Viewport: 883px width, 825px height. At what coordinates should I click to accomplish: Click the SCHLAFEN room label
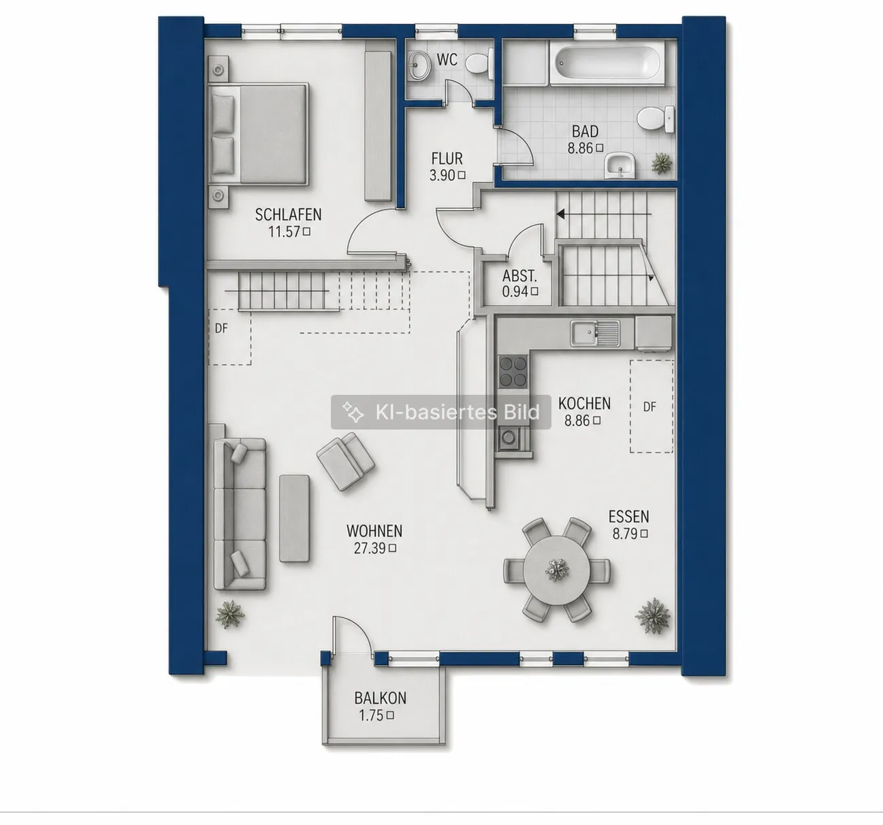point(288,215)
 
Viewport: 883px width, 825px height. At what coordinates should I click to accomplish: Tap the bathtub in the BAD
point(607,63)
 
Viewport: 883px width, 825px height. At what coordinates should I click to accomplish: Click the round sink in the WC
point(419,65)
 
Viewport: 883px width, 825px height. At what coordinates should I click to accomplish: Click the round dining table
point(557,570)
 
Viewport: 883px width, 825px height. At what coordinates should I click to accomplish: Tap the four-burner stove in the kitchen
point(513,372)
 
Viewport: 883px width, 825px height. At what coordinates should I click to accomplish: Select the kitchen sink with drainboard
point(595,333)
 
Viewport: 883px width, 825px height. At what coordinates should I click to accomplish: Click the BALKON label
point(380,698)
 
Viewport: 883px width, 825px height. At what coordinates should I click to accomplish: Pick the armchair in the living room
point(345,462)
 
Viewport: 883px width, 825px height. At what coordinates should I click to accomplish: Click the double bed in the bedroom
point(258,134)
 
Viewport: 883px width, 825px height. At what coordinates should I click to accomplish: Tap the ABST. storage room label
point(519,276)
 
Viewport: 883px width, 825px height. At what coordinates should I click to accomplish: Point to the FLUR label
point(447,159)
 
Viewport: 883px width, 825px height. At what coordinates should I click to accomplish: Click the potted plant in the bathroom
point(662,163)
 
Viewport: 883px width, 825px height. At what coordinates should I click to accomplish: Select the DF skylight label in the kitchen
point(649,406)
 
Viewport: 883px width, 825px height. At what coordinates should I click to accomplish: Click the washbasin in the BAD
point(620,165)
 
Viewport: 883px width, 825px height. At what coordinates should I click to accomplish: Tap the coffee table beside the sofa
point(294,519)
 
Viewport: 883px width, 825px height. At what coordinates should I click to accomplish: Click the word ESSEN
point(628,517)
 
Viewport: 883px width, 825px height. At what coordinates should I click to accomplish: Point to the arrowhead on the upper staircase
point(561,214)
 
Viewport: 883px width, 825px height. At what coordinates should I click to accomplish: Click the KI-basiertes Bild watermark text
point(457,413)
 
